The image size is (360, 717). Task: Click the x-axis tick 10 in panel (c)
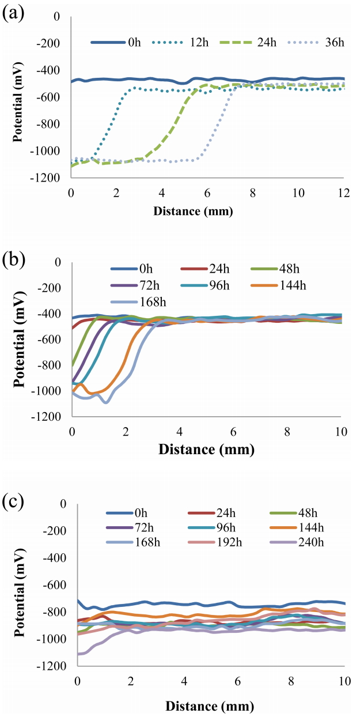pos(344,682)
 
